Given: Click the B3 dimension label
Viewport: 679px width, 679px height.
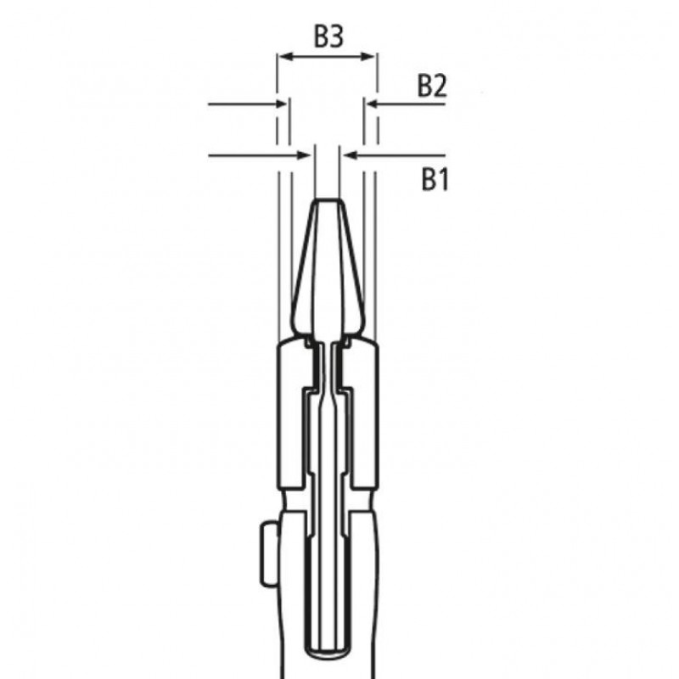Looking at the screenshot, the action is pos(328,36).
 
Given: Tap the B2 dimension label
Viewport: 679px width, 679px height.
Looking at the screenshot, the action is pos(432,86).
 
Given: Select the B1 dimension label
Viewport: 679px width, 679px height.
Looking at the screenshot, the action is pos(435,179).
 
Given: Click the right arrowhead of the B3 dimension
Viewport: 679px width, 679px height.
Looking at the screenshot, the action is pos(368,56).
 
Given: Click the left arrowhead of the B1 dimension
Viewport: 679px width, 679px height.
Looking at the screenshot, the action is pos(305,155).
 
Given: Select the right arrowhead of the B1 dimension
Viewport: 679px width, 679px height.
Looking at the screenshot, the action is pos(349,155).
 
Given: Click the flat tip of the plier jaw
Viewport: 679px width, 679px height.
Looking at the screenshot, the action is pos(328,200).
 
